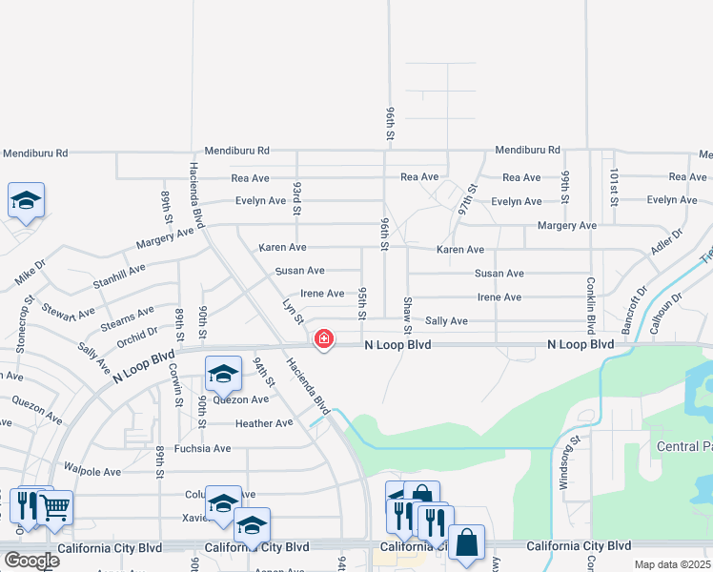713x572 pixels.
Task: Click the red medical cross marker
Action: (324, 338)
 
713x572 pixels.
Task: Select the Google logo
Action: (31, 561)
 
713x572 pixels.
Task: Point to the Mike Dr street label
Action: (30, 272)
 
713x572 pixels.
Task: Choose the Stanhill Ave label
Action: (118, 276)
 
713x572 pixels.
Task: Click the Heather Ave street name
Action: (264, 423)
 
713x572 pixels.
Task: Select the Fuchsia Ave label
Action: (202, 448)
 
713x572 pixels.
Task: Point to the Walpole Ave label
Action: (92, 471)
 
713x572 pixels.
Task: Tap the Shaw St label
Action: (407, 309)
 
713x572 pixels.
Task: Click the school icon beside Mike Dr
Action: (27, 201)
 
